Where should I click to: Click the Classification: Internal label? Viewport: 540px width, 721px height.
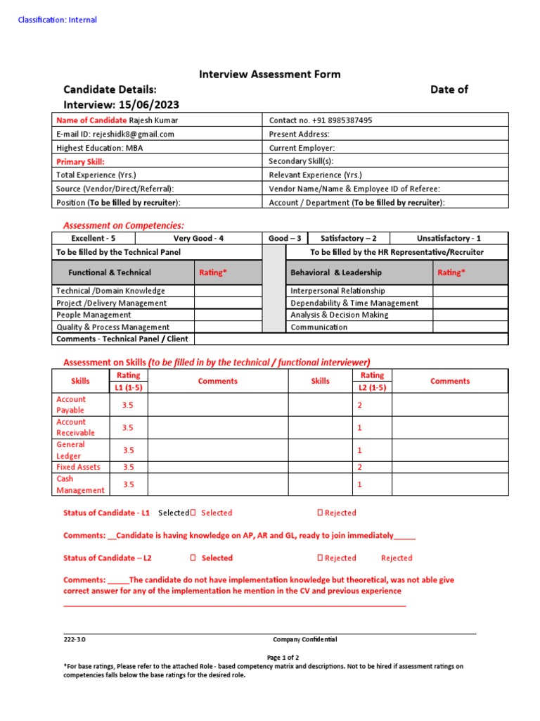pyautogui.click(x=57, y=20)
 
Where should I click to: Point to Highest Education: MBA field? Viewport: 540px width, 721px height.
pyautogui.click(x=99, y=148)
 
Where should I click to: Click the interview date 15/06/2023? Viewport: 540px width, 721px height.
pyautogui.click(x=144, y=105)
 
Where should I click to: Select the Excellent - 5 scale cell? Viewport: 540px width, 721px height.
pyautogui.click(x=94, y=239)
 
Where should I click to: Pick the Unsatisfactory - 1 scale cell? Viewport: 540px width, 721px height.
pyautogui.click(x=449, y=239)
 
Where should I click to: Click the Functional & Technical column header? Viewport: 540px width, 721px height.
pyautogui.click(x=110, y=272)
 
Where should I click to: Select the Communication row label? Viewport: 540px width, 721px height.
pyautogui.click(x=319, y=327)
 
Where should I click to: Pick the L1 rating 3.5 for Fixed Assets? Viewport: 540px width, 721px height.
pyautogui.click(x=129, y=467)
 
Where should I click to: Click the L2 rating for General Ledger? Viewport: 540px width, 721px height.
pyautogui.click(x=359, y=450)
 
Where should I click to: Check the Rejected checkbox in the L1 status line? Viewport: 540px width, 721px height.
pyautogui.click(x=320, y=513)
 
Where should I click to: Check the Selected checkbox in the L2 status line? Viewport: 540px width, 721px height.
pyautogui.click(x=193, y=558)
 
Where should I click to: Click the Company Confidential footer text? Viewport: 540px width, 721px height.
pyautogui.click(x=304, y=639)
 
